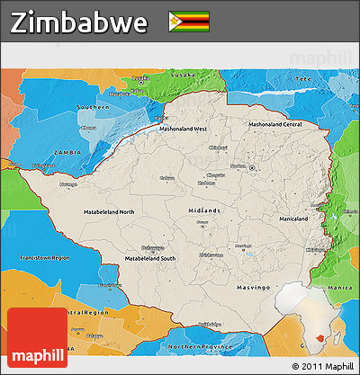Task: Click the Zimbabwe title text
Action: [x=79, y=23]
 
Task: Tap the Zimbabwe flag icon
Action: [x=189, y=22]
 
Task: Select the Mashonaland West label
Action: [x=184, y=129]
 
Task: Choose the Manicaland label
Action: [x=293, y=219]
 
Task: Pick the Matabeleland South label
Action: [x=149, y=258]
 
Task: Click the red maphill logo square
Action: [x=37, y=338]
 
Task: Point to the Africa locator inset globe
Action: [x=311, y=318]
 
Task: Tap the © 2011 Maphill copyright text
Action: [x=322, y=367]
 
